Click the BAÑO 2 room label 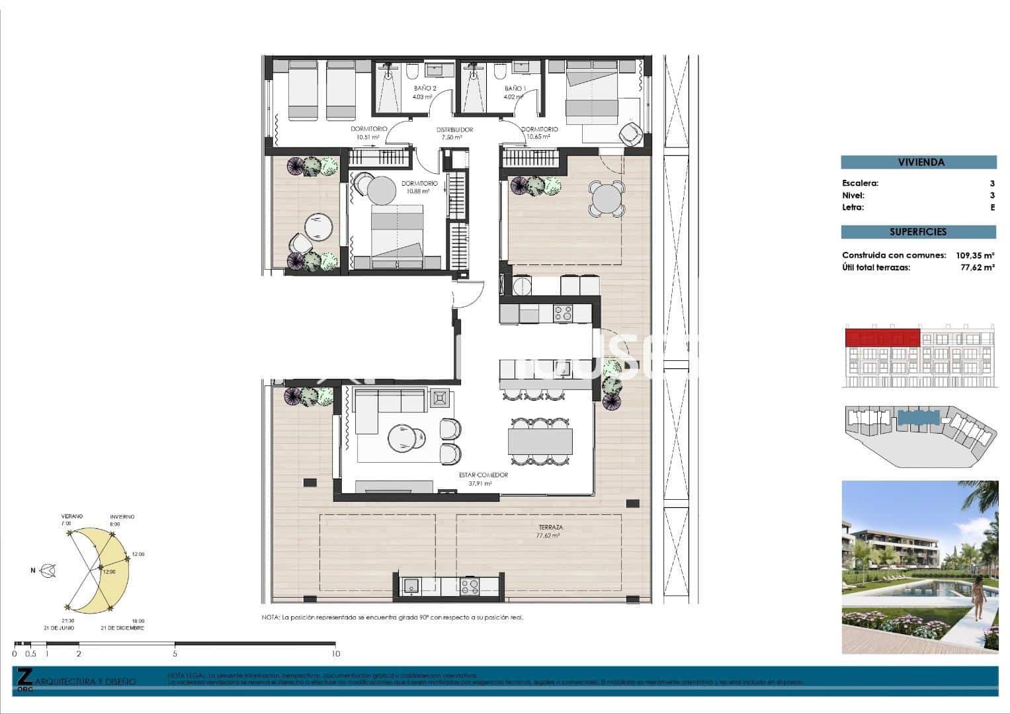click(425, 88)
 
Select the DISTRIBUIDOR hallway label click(454, 130)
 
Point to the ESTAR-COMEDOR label click(484, 475)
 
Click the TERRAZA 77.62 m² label click(550, 532)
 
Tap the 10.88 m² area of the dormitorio click(419, 191)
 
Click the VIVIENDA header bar click(918, 163)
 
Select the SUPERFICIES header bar click(918, 232)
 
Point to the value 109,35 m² click(975, 255)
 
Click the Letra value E click(992, 208)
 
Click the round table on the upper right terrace click(607, 198)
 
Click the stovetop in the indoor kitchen click(563, 312)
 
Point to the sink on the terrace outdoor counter click(412, 586)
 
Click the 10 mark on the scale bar click(335, 654)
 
